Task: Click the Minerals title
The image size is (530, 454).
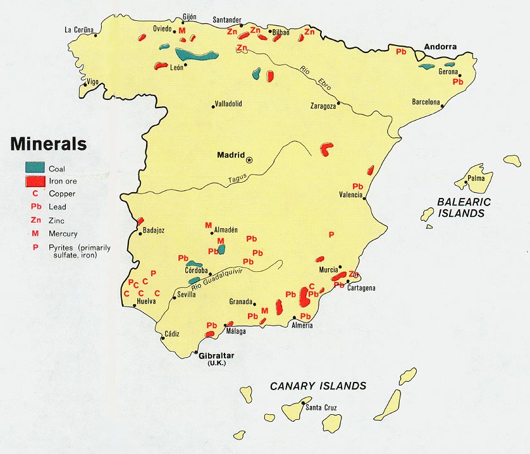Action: [x=48, y=144]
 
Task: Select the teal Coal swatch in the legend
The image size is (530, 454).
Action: [x=35, y=168]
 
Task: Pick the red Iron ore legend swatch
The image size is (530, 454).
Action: [x=35, y=181]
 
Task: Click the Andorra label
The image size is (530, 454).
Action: [x=440, y=47]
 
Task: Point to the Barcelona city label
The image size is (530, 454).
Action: [x=426, y=101]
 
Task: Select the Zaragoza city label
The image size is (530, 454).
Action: [x=323, y=106]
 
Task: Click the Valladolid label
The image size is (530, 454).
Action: [x=228, y=104]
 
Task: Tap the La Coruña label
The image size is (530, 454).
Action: [x=79, y=29]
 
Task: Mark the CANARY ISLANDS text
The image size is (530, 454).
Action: [x=317, y=386]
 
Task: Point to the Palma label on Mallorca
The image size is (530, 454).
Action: [x=476, y=178]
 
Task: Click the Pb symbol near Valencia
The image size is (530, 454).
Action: [x=358, y=186]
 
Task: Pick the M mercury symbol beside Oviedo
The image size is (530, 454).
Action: [x=182, y=30]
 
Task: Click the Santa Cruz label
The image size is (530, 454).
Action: [x=321, y=407]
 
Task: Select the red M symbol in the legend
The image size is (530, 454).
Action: [x=35, y=233]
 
